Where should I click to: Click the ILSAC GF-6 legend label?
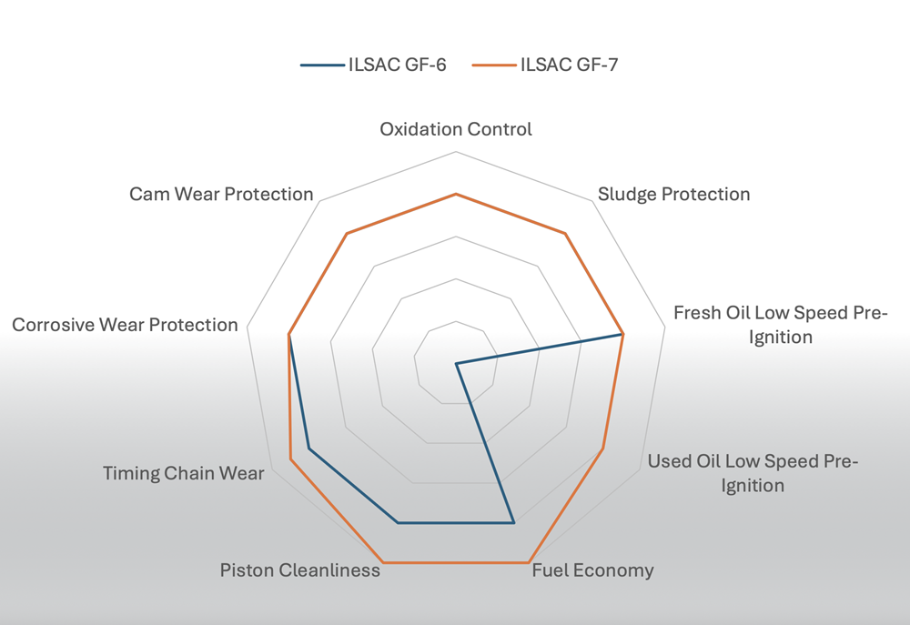click(x=398, y=65)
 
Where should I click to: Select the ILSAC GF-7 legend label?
click(x=570, y=65)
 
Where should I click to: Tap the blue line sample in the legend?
click(x=323, y=65)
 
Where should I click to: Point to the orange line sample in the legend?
click(x=494, y=65)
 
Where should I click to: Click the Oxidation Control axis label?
click(x=456, y=129)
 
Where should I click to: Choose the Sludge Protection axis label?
click(x=673, y=194)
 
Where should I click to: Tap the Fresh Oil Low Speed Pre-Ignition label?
click(x=781, y=325)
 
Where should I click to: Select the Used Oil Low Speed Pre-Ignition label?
click(x=753, y=473)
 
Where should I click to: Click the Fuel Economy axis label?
click(x=592, y=570)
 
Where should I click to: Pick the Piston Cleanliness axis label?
click(x=300, y=570)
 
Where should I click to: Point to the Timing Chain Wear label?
click(x=184, y=473)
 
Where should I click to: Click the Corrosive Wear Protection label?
click(x=125, y=325)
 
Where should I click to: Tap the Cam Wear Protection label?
click(x=221, y=194)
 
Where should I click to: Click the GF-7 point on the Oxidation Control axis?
click(x=456, y=195)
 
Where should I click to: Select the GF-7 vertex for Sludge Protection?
click(x=565, y=234)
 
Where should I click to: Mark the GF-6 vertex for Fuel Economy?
click(x=513, y=523)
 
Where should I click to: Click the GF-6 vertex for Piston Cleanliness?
click(x=399, y=523)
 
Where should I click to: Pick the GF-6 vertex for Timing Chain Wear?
click(x=308, y=449)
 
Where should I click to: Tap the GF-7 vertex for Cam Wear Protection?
click(x=347, y=234)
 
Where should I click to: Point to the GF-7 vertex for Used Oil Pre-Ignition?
click(x=603, y=449)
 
